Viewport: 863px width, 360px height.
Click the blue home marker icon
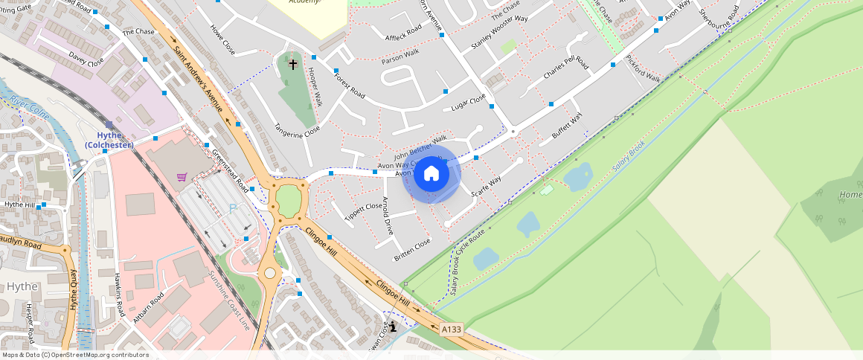coord(431,174)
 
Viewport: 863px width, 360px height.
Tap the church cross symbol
coord(293,65)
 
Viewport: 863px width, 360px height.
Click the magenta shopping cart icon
coord(182,177)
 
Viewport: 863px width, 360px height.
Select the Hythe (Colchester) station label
coord(109,140)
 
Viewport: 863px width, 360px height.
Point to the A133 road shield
coord(451,328)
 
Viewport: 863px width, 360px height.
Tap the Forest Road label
coord(349,86)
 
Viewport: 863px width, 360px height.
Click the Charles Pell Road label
coord(566,68)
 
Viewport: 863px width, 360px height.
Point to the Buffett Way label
coord(567,125)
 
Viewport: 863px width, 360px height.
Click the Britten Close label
coord(412,249)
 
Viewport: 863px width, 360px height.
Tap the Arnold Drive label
coord(387,216)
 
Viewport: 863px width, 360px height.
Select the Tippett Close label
coord(363,210)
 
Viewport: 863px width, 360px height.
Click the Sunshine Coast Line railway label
coord(229,299)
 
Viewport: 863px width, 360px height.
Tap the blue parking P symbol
coord(232,209)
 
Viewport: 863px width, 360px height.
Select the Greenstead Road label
coord(230,166)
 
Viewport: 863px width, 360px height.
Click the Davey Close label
coord(86,60)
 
